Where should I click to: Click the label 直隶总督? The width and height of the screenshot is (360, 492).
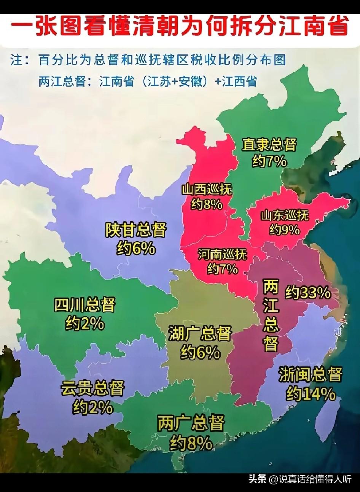point(269,145)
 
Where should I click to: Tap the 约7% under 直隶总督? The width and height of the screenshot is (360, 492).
point(269,162)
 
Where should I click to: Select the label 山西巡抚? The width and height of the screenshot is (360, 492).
point(207,189)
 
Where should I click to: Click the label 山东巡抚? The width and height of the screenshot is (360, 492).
point(285,215)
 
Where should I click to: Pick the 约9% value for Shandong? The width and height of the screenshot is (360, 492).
point(285,230)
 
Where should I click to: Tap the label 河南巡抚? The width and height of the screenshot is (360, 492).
point(223,254)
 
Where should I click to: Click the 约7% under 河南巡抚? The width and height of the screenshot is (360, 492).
point(223,269)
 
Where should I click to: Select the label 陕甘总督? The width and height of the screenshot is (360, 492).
point(136,231)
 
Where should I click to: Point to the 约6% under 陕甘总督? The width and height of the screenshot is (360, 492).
point(136,249)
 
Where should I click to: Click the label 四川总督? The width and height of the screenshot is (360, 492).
point(84,305)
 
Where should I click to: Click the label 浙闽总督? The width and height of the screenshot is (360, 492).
point(310,375)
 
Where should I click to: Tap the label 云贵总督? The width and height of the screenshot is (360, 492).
point(92,389)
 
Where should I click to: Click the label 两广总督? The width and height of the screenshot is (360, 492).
point(191,423)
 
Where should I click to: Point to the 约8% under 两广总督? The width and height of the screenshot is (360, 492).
point(191,443)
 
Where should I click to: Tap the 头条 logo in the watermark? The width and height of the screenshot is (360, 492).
point(257,479)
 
